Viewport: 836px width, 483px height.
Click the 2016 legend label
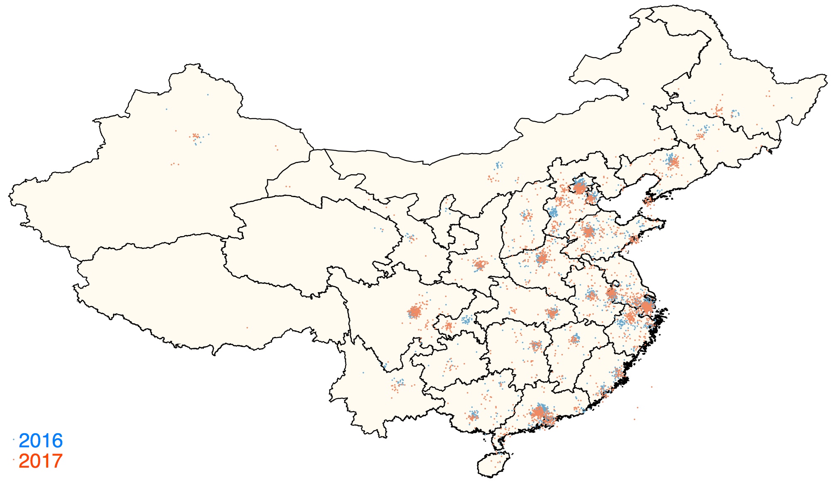coord(41,441)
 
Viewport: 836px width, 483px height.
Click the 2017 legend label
coord(41,461)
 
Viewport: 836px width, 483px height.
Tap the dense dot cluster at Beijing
coord(579,188)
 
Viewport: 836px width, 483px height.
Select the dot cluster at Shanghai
coord(647,307)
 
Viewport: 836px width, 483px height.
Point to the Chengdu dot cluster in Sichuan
coord(414,311)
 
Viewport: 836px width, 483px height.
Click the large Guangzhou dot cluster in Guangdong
coord(539,413)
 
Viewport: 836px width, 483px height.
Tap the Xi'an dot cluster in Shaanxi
coord(480,264)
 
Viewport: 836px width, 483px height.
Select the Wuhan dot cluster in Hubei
coord(552,313)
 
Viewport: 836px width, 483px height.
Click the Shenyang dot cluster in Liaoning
coord(672,161)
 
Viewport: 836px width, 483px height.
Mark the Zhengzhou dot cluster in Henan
coord(542,259)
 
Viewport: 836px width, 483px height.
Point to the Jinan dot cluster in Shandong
coord(588,232)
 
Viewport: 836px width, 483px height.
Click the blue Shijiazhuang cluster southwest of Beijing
coord(553,213)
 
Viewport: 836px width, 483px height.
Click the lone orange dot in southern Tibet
coord(248,327)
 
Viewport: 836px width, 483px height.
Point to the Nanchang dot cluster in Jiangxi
coord(575,339)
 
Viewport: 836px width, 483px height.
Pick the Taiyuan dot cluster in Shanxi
coord(527,215)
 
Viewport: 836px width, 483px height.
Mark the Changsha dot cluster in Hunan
coord(536,345)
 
